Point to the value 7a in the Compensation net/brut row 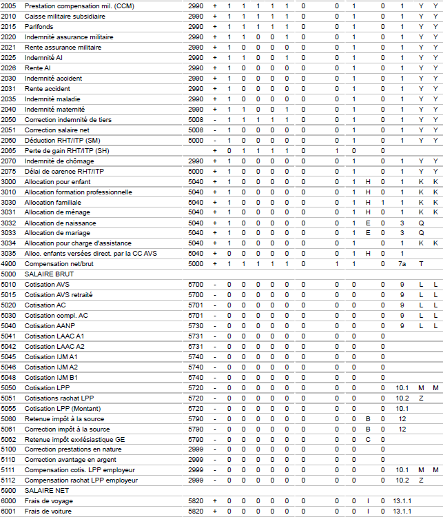(x=402, y=263)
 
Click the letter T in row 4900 (x=421, y=263)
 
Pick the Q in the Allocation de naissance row (x=421, y=223)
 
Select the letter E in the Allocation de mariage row (x=368, y=233)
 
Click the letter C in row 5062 (x=368, y=439)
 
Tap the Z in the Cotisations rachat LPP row (x=421, y=398)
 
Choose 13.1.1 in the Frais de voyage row (x=402, y=500)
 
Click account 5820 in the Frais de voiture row (x=196, y=511)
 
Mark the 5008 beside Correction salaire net (x=196, y=130)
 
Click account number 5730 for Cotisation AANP (x=196, y=325)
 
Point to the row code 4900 (x=8, y=263)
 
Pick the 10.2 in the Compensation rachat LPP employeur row (x=402, y=480)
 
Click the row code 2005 (x=8, y=6)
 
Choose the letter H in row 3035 (x=368, y=253)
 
